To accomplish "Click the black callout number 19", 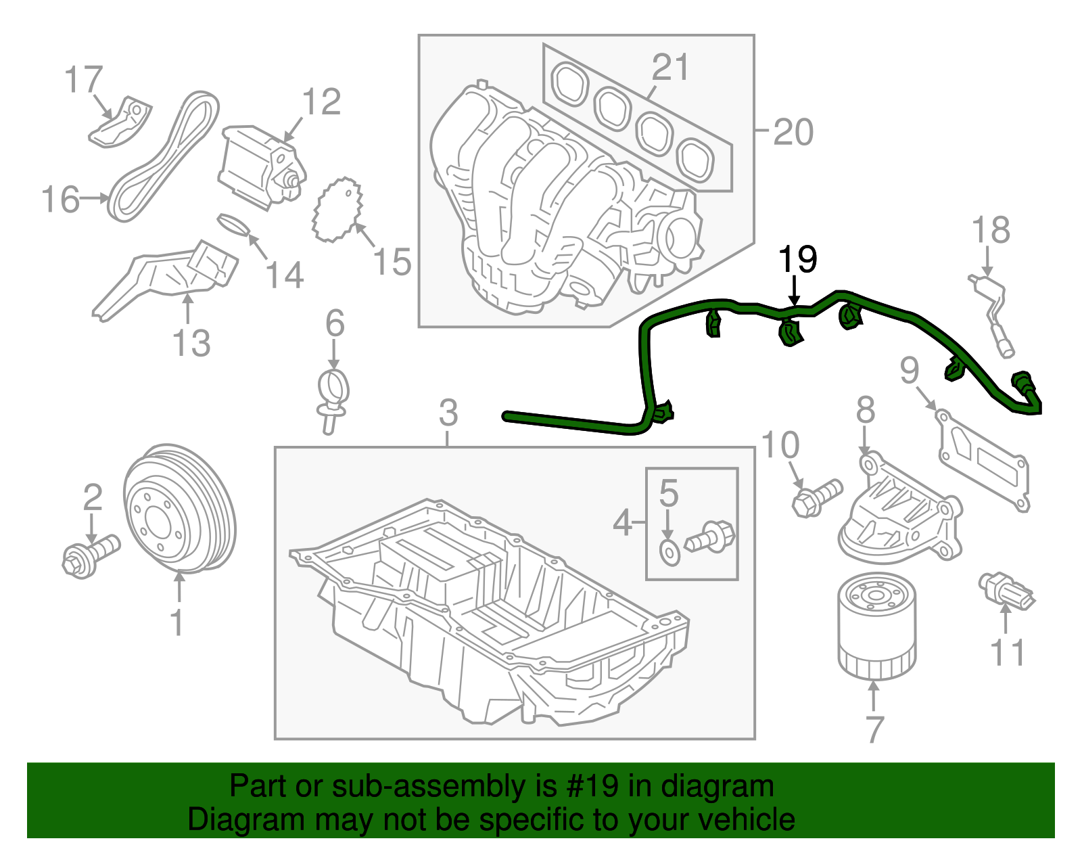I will pyautogui.click(x=797, y=259).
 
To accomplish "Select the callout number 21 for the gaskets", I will pyautogui.click(x=670, y=68).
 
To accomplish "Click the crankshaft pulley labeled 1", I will pyautogui.click(x=179, y=509).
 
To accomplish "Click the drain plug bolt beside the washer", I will pyautogui.click(x=711, y=538).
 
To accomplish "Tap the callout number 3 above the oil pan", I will pyautogui.click(x=448, y=413).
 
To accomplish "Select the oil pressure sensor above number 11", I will pyautogui.click(x=1006, y=591).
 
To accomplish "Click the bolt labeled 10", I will pyautogui.click(x=816, y=498).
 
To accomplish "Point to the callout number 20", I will pyautogui.click(x=793, y=132).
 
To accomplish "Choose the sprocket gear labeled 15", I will pyautogui.click(x=338, y=209).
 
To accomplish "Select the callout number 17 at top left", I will pyautogui.click(x=83, y=80).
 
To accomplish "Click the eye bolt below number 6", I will pyautogui.click(x=333, y=399).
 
